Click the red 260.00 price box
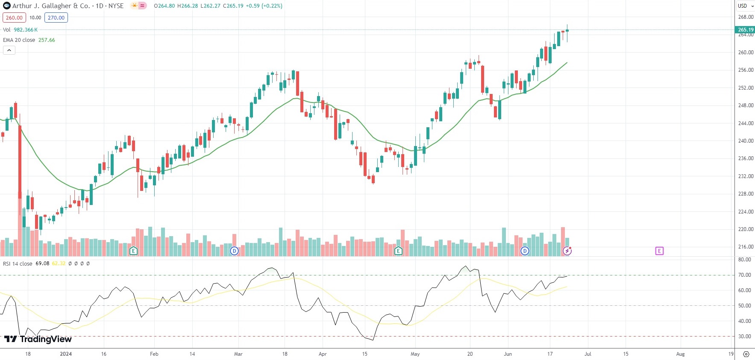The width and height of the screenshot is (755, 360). pos(14,18)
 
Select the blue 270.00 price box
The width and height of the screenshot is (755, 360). pos(56,18)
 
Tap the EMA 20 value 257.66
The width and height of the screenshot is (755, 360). pos(47,40)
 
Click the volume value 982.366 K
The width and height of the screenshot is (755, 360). pos(26,29)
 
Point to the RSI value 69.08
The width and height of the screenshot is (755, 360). pos(42,263)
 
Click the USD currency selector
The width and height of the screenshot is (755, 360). pos(745,6)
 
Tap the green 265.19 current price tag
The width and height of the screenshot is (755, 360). pos(745,29)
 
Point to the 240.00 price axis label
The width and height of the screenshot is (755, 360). pos(746,140)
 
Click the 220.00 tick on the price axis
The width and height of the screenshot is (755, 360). pos(746,229)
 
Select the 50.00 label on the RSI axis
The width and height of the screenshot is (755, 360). pos(744,305)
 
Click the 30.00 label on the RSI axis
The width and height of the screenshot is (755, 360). pos(744,336)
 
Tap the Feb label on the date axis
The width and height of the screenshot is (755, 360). pos(154,354)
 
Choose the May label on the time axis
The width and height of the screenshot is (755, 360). pos(415,354)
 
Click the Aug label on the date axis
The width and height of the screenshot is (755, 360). pos(680,354)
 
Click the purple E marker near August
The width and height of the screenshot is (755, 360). pos(659,251)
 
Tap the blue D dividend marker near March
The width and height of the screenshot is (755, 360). pos(234,251)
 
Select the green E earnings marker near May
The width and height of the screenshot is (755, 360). pos(398,251)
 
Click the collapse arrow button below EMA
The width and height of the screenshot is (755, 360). pos(9,50)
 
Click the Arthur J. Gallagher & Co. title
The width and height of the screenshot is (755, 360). pos(51,6)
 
